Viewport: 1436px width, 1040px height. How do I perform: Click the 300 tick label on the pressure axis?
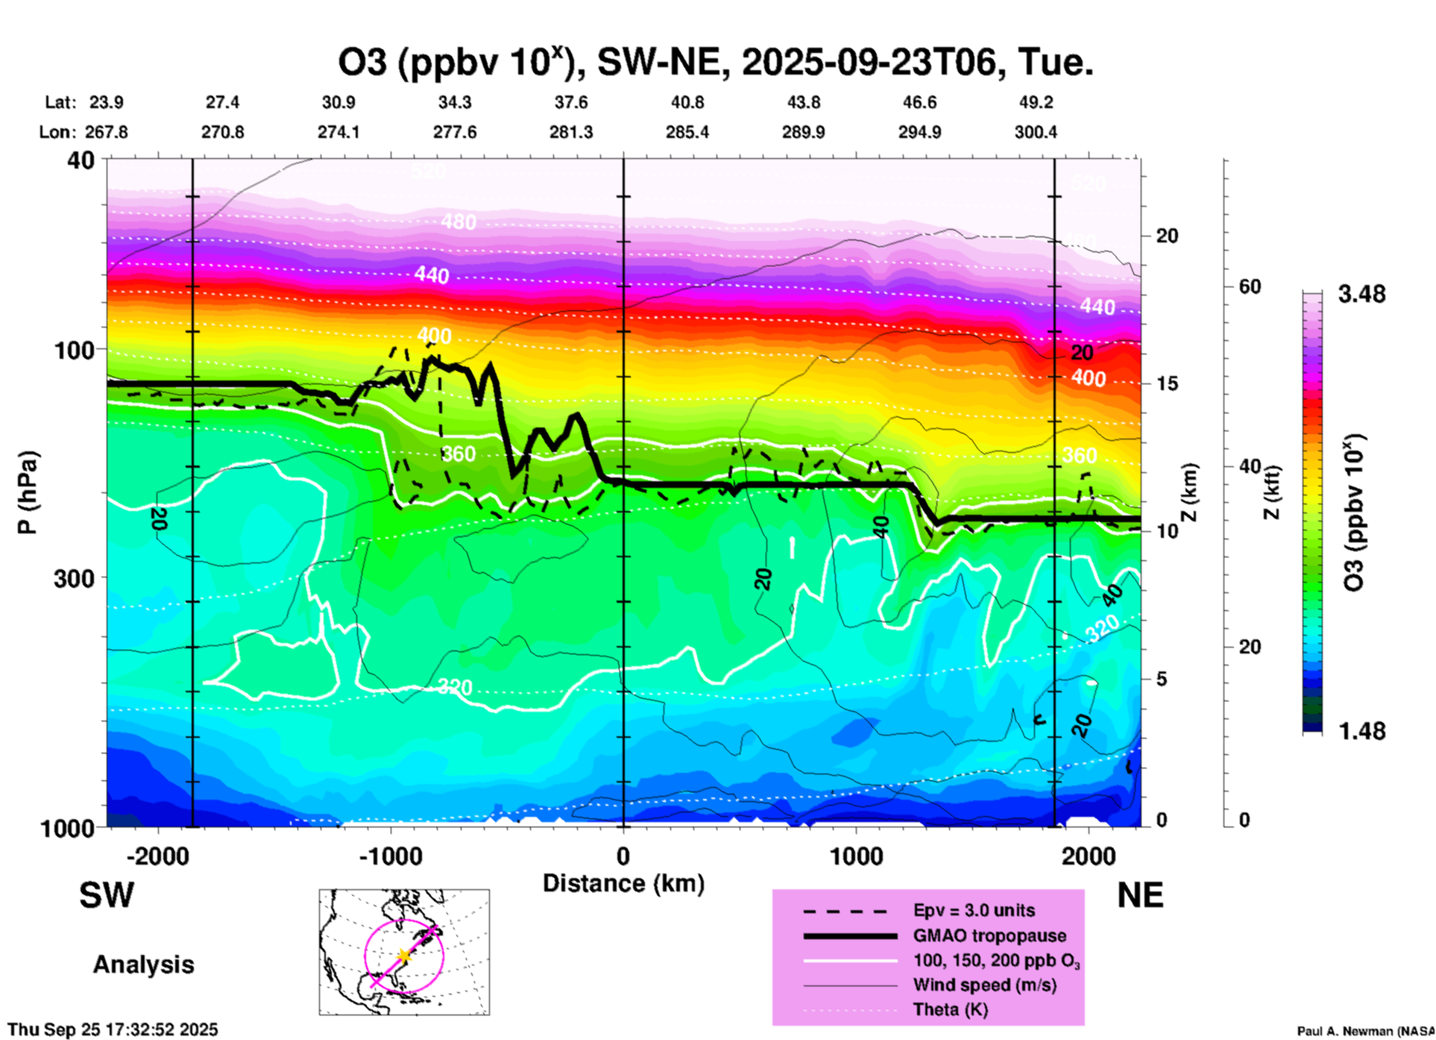tap(75, 578)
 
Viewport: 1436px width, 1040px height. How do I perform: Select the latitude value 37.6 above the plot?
tap(571, 102)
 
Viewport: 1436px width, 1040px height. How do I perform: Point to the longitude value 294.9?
tap(919, 132)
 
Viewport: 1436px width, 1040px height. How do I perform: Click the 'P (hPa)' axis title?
tap(28, 492)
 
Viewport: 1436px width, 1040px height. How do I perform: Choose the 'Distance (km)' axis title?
tap(623, 883)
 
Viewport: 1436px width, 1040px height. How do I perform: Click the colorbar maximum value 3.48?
tap(1361, 295)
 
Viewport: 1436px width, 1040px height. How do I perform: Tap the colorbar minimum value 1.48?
tap(1361, 731)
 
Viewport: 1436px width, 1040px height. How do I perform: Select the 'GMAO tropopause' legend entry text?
tap(989, 936)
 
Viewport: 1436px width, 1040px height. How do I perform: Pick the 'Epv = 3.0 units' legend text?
tap(974, 910)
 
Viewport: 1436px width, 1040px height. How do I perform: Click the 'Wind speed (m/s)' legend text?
tap(984, 985)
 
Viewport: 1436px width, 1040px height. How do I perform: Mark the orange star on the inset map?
tap(403, 955)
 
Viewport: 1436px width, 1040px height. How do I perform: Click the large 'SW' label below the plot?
tap(107, 895)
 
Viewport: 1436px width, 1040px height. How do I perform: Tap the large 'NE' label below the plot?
tap(1140, 895)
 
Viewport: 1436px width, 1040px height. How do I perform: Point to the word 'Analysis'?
tap(143, 965)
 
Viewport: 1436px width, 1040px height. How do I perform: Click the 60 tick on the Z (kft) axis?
tap(1250, 286)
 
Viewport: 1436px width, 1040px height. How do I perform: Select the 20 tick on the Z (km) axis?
tap(1167, 236)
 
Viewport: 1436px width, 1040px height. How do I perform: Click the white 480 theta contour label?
tap(458, 222)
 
